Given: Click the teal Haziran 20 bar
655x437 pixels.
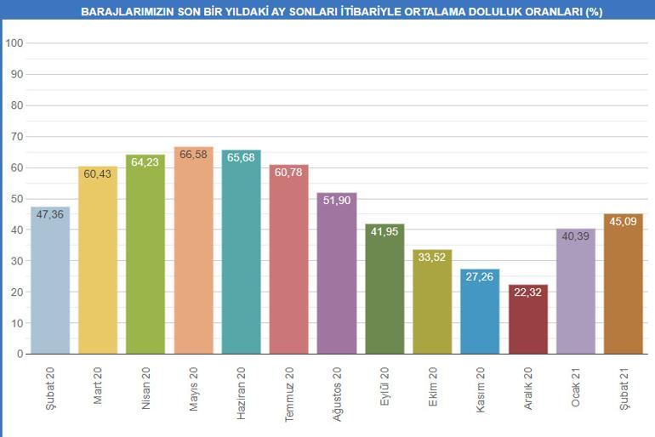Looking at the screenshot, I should pyautogui.click(x=241, y=255).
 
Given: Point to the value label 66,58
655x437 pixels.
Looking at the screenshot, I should pyautogui.click(x=193, y=155).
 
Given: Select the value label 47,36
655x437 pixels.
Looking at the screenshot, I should pyautogui.click(x=50, y=214).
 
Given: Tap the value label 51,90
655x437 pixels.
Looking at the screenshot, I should pyautogui.click(x=337, y=201).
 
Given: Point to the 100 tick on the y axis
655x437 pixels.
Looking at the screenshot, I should pyautogui.click(x=14, y=43).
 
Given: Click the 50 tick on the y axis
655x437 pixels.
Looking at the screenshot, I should pyautogui.click(x=17, y=199).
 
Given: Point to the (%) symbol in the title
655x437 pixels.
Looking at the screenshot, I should pyautogui.click(x=594, y=13).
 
